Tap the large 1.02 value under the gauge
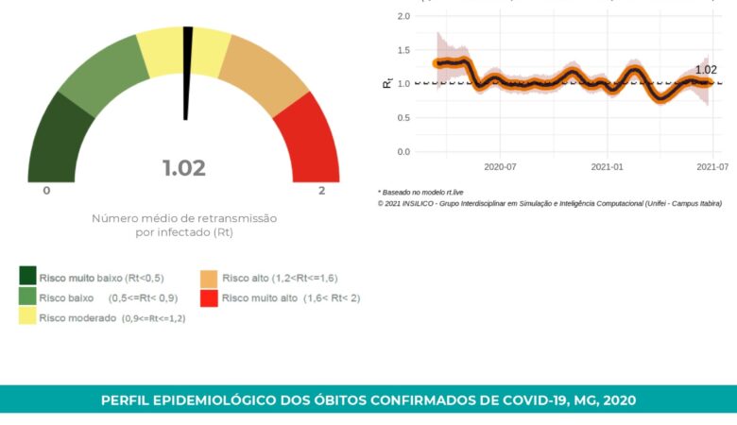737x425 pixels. click(x=184, y=168)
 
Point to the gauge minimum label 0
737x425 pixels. click(x=46, y=191)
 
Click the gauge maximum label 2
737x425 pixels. click(x=321, y=191)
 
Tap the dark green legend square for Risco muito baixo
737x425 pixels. click(x=28, y=276)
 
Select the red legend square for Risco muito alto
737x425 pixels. click(x=209, y=297)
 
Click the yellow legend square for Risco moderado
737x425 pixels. click(x=28, y=317)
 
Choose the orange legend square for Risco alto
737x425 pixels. click(x=209, y=278)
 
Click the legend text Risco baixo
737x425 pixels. click(x=66, y=297)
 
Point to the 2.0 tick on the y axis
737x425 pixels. click(x=403, y=16)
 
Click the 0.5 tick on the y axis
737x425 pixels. click(x=403, y=118)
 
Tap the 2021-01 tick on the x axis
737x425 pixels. click(x=607, y=167)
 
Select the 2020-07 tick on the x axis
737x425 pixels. click(x=500, y=167)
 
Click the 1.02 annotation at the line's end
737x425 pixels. click(x=705, y=70)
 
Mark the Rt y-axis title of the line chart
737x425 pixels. click(x=387, y=83)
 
